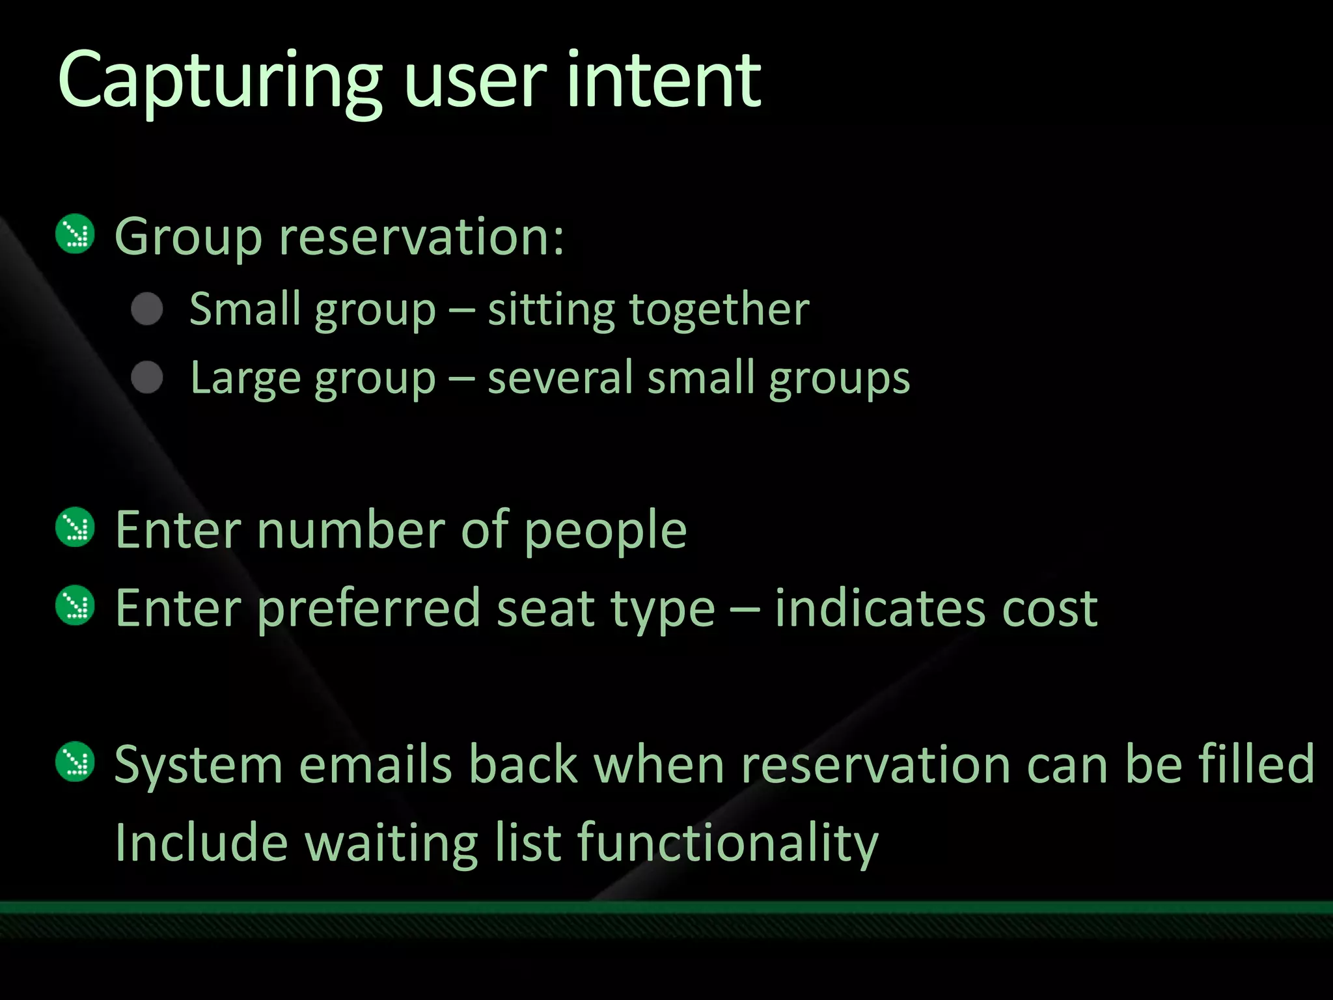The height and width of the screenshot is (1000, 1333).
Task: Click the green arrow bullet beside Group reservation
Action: [x=76, y=234]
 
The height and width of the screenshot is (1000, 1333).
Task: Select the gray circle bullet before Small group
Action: [x=147, y=309]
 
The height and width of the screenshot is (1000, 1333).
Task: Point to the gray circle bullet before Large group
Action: [x=147, y=378]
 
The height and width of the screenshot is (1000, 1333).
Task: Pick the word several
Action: [x=560, y=378]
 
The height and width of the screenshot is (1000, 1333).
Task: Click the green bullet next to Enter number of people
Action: [x=76, y=527]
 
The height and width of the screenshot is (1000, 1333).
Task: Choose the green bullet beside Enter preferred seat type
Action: [x=76, y=605]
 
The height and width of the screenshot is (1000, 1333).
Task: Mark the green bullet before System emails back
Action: [x=76, y=761]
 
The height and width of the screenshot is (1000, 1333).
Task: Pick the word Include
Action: [x=201, y=842]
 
